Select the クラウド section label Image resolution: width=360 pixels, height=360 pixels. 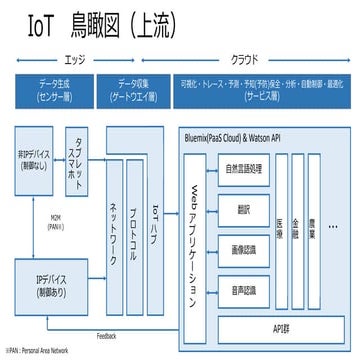(x=244, y=59)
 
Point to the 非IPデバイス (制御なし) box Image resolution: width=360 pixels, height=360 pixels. (x=37, y=162)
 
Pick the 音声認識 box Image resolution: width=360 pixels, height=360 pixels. (x=244, y=291)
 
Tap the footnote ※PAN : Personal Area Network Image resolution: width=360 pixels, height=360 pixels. (x=37, y=351)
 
